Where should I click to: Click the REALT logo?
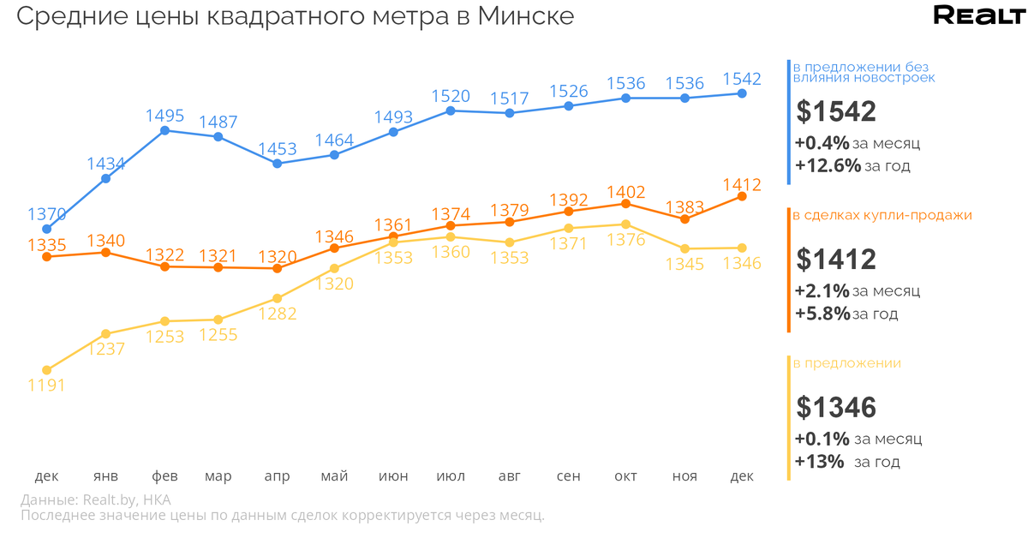pyautogui.click(x=978, y=15)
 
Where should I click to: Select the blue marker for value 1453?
pyautogui.click(x=277, y=163)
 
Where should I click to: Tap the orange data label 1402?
pyautogui.click(x=625, y=192)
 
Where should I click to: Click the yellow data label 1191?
pyautogui.click(x=46, y=385)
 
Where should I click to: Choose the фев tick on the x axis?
pyautogui.click(x=165, y=476)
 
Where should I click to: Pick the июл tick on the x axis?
pyautogui.click(x=451, y=476)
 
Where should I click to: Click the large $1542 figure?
pyautogui.click(x=835, y=111)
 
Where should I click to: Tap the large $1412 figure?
pyautogui.click(x=835, y=259)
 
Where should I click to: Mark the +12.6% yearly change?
pyautogui.click(x=828, y=166)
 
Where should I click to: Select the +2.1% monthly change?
pyautogui.click(x=822, y=290)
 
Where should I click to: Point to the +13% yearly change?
pyautogui.click(x=819, y=462)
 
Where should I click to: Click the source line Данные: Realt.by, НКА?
pyautogui.click(x=95, y=499)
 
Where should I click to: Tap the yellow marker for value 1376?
pyautogui.click(x=626, y=224)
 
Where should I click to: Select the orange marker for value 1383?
pyautogui.click(x=684, y=219)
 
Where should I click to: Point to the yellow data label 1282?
pyautogui.click(x=277, y=314)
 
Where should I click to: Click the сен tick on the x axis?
pyautogui.click(x=568, y=476)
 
